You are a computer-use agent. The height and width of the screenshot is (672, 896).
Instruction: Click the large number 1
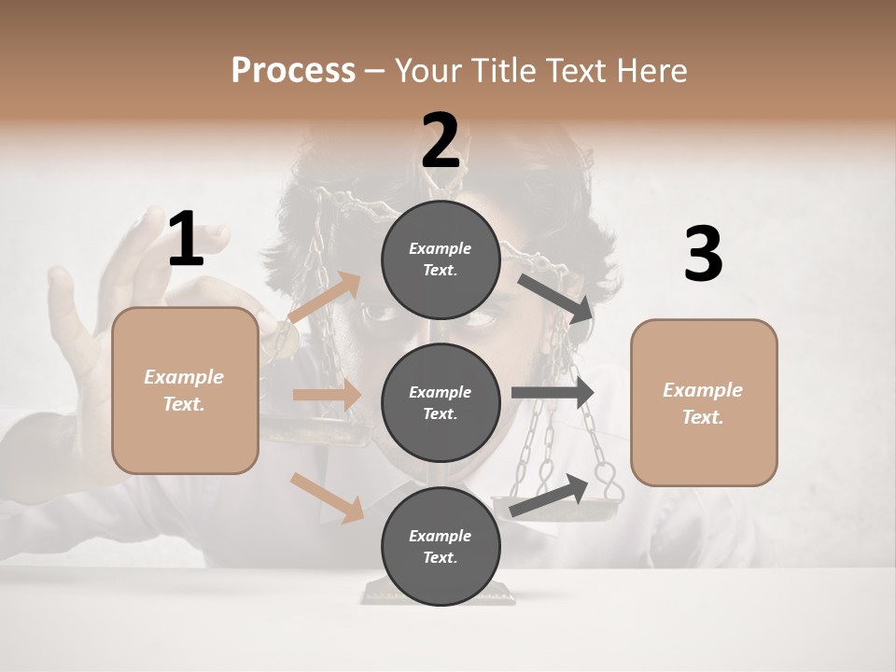coord(186,239)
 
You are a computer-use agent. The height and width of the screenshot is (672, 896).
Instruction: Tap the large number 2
coord(441,141)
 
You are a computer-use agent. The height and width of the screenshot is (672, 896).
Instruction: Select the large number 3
coord(703,254)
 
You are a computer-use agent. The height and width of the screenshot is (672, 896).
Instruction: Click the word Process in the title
coord(293,70)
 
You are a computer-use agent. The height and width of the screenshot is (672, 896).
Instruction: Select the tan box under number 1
coord(185,390)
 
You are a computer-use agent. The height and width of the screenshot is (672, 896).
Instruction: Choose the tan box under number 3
coord(704,402)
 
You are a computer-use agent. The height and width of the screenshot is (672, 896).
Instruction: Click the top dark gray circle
coord(441,259)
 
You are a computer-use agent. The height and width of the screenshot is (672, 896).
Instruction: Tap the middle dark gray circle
coord(441,402)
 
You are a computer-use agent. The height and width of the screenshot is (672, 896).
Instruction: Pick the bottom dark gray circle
coord(441,546)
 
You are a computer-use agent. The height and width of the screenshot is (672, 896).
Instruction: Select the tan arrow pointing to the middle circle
coord(327,395)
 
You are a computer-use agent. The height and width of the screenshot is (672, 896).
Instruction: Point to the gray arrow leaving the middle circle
coord(553,393)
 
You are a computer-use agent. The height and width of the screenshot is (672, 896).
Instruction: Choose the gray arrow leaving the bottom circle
coord(551,495)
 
